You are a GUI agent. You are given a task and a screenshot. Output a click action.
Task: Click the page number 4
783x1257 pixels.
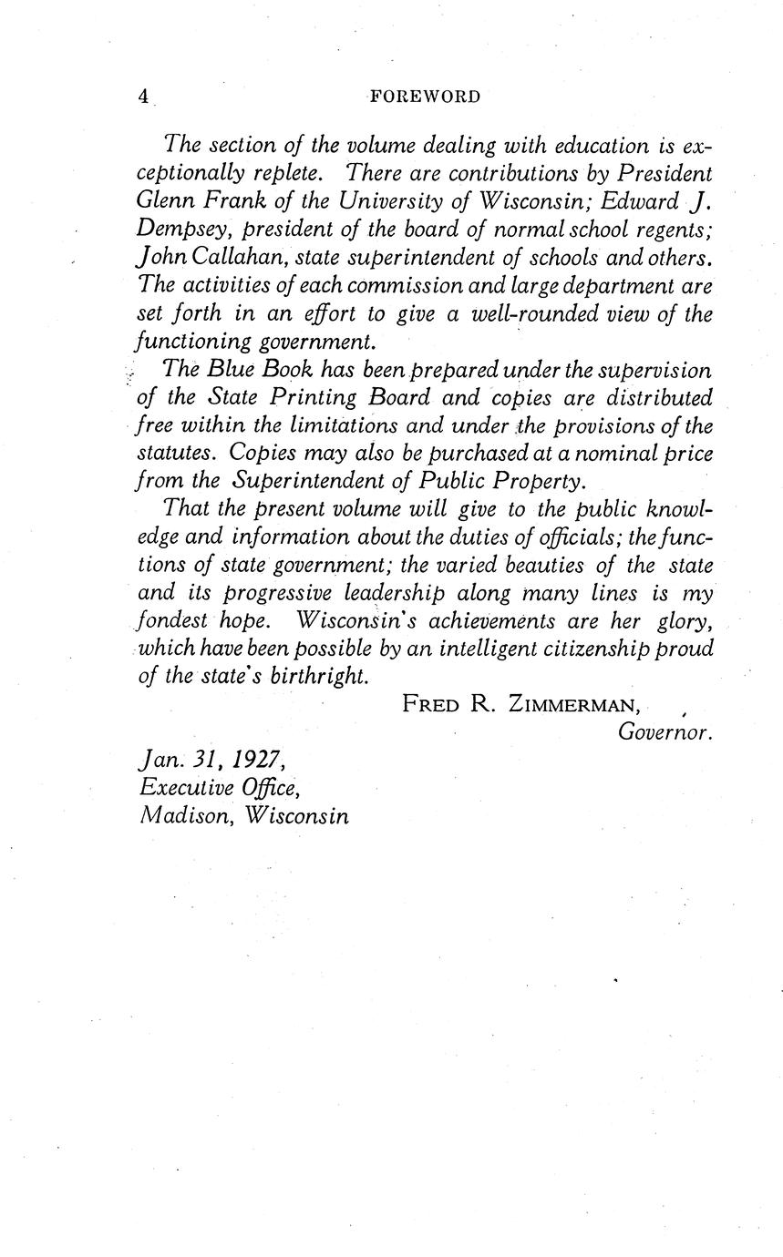143,97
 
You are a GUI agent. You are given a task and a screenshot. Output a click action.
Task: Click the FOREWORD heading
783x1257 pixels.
425,97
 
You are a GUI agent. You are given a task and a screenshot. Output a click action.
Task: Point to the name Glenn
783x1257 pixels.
171,201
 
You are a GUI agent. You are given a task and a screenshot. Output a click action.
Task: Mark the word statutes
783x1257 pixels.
178,453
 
